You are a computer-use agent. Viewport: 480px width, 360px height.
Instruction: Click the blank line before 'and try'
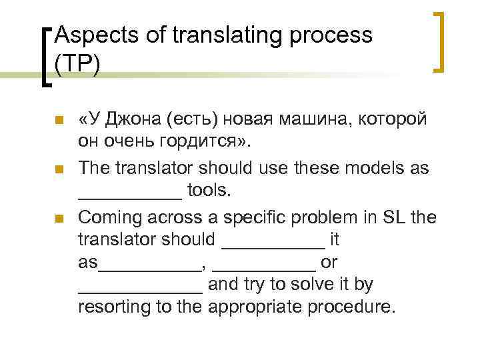click(140, 291)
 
